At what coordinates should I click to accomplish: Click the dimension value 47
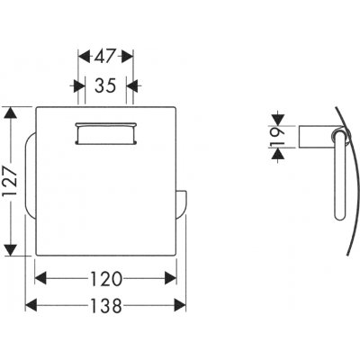click(x=105, y=56)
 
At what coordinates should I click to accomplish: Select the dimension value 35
click(x=105, y=85)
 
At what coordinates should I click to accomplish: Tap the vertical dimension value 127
click(x=11, y=182)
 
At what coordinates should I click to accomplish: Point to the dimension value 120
click(x=106, y=279)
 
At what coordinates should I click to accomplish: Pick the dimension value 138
click(x=106, y=306)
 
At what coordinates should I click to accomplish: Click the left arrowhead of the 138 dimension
click(x=31, y=305)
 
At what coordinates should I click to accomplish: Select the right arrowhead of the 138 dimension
click(x=180, y=305)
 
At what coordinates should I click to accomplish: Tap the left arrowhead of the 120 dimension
click(x=40, y=278)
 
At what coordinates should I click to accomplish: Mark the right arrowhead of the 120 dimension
click(x=170, y=278)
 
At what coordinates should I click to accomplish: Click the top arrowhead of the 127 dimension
click(x=11, y=112)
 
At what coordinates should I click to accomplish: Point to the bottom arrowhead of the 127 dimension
click(x=11, y=250)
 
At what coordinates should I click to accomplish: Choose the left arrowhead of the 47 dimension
click(x=84, y=57)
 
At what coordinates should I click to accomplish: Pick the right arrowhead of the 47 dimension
click(x=127, y=57)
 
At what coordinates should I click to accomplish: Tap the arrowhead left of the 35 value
click(x=79, y=86)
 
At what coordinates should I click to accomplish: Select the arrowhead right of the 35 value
click(x=132, y=86)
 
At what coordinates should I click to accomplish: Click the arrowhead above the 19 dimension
click(x=279, y=120)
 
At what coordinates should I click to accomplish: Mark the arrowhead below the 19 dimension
click(x=279, y=155)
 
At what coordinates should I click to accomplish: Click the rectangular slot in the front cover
click(x=106, y=133)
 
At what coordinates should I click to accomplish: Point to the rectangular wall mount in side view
click(x=317, y=137)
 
